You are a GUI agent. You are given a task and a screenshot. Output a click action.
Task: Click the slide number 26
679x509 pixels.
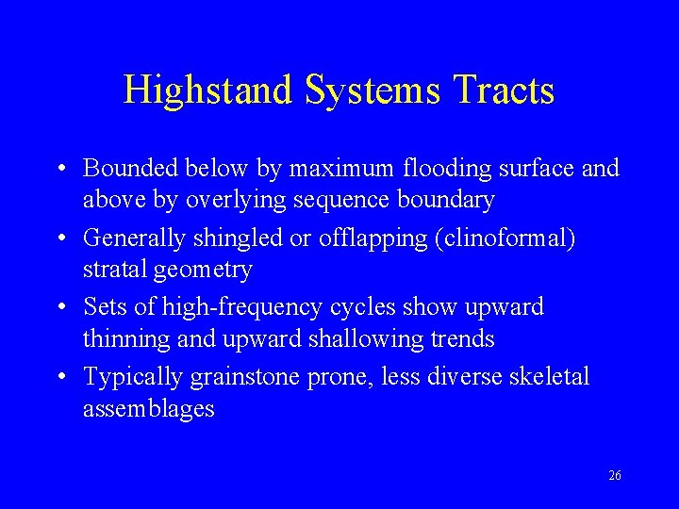tap(614, 476)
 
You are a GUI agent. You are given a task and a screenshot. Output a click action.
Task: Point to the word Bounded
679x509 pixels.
tap(130, 169)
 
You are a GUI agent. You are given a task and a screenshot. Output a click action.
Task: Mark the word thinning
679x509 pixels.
tap(126, 338)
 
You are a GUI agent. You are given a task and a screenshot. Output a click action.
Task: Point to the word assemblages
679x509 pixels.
tap(149, 409)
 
